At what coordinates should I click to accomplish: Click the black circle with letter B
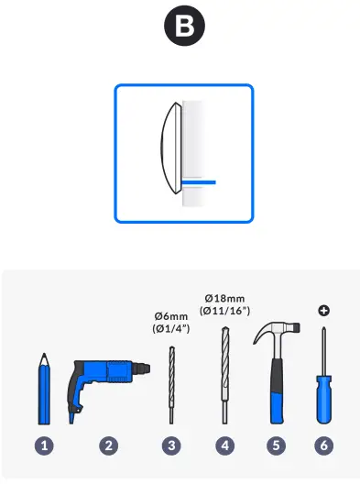coord(184,26)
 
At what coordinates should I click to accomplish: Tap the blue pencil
coord(44,389)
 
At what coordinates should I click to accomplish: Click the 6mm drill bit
coord(171,385)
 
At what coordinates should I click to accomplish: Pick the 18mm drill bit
coord(224,375)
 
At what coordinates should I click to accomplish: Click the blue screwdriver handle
coord(323,400)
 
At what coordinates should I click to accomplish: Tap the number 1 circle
coord(44,445)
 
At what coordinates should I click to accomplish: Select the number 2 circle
coord(109,445)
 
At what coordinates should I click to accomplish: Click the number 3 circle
coord(171,445)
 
